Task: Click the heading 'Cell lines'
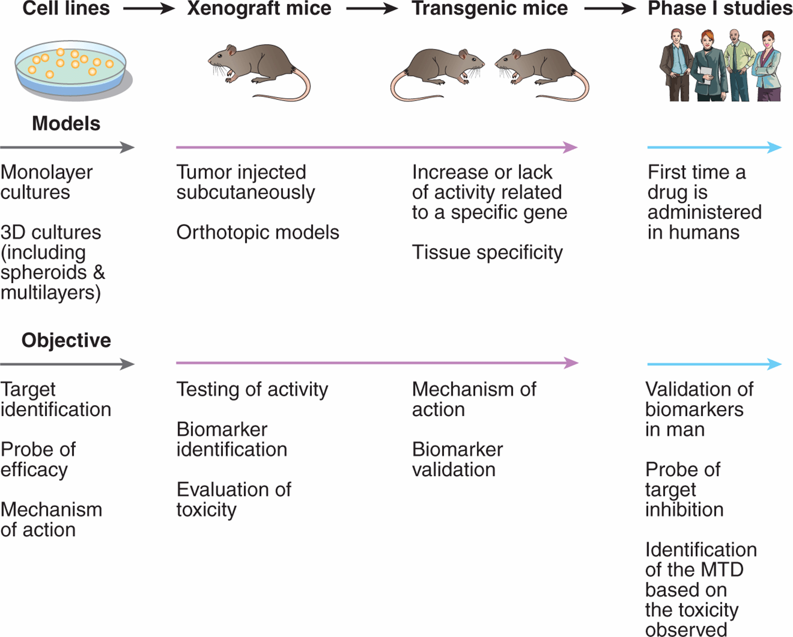[x=66, y=8]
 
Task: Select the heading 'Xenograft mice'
[x=259, y=8]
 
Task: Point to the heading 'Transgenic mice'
[x=490, y=8]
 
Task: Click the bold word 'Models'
[x=66, y=123]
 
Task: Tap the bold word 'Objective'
[x=66, y=340]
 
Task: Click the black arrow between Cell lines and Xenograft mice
[x=149, y=9]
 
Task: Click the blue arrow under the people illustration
[x=715, y=147]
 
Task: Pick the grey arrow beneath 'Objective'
[x=67, y=364]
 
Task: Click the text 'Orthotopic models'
[x=258, y=232]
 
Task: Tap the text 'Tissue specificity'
[x=487, y=253]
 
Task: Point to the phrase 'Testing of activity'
[x=252, y=390]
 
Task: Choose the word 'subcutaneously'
[x=246, y=192]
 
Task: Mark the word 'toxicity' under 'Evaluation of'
[x=207, y=510]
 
